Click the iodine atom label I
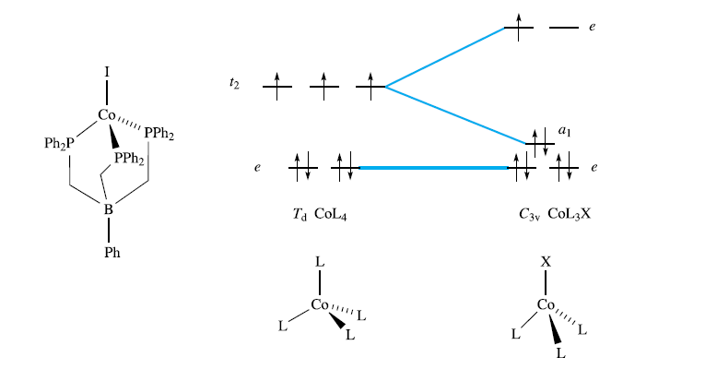pyautogui.click(x=107, y=69)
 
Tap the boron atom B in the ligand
pyautogui.click(x=108, y=210)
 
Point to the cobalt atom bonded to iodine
pyautogui.click(x=107, y=116)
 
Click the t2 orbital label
pyautogui.click(x=234, y=83)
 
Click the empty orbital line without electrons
pyautogui.click(x=563, y=29)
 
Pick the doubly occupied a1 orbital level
pyautogui.click(x=538, y=143)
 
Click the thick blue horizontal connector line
pyautogui.click(x=433, y=168)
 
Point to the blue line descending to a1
pyautogui.click(x=455, y=115)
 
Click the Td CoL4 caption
pyautogui.click(x=319, y=214)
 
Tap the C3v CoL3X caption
pyautogui.click(x=553, y=214)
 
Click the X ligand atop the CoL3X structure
pyautogui.click(x=546, y=263)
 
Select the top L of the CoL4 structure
pyautogui.click(x=320, y=263)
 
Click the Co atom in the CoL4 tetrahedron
pyautogui.click(x=320, y=304)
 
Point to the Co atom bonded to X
pyautogui.click(x=546, y=304)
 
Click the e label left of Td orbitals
pyautogui.click(x=258, y=168)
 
